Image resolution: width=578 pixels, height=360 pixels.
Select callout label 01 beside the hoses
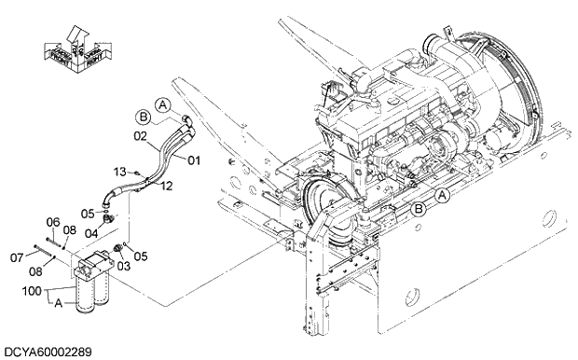pos(195,160)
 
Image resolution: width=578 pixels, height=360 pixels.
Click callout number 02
pos(140,136)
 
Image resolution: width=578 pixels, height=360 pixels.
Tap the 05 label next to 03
pos(141,256)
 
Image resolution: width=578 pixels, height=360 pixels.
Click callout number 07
pos(17,256)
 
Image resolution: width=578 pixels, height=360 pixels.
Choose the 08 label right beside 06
pos(71,230)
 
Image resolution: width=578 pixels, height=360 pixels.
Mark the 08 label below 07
pos(34,271)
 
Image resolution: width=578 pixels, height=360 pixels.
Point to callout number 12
pos(167,186)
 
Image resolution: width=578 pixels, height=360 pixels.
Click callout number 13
pos(120,172)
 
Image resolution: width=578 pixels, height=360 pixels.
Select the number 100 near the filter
pos(33,293)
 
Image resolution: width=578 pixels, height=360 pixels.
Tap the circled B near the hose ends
pos(143,116)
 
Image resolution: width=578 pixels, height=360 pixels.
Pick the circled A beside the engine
pos(443,195)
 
